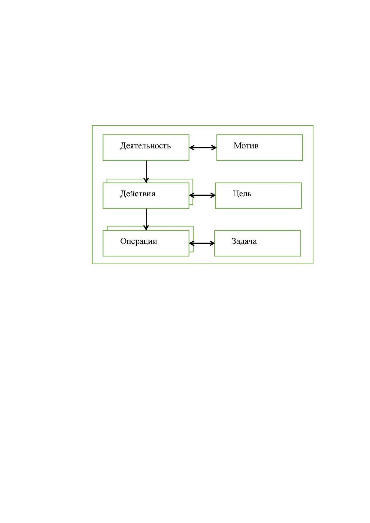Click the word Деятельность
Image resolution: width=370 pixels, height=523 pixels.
pyautogui.click(x=145, y=146)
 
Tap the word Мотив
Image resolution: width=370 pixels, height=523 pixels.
pyautogui.click(x=246, y=145)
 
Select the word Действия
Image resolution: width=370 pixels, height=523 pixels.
pyautogui.click(x=138, y=194)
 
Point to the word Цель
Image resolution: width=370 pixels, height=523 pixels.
pyautogui.click(x=242, y=194)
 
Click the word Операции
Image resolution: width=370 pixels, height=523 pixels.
pyautogui.click(x=139, y=241)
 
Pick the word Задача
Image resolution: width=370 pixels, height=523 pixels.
pyautogui.click(x=244, y=241)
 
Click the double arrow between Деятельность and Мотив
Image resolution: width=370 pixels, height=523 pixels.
pyautogui.click(x=203, y=148)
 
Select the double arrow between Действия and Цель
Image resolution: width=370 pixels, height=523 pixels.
pyautogui.click(x=202, y=195)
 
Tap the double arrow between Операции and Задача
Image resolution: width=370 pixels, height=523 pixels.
pyautogui.click(x=202, y=243)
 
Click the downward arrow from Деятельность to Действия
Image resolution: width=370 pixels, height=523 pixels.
pyautogui.click(x=146, y=172)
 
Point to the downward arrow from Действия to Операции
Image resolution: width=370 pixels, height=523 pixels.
pyautogui.click(x=146, y=220)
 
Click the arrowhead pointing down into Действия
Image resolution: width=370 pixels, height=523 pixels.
pyautogui.click(x=146, y=180)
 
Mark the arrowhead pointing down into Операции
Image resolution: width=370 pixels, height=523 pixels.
pyautogui.click(x=146, y=228)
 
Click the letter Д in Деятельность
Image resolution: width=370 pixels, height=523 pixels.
pyautogui.click(x=123, y=146)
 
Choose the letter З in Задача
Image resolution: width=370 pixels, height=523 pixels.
pyautogui.click(x=234, y=241)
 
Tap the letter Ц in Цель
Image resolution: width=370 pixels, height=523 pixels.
pyautogui.click(x=236, y=194)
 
